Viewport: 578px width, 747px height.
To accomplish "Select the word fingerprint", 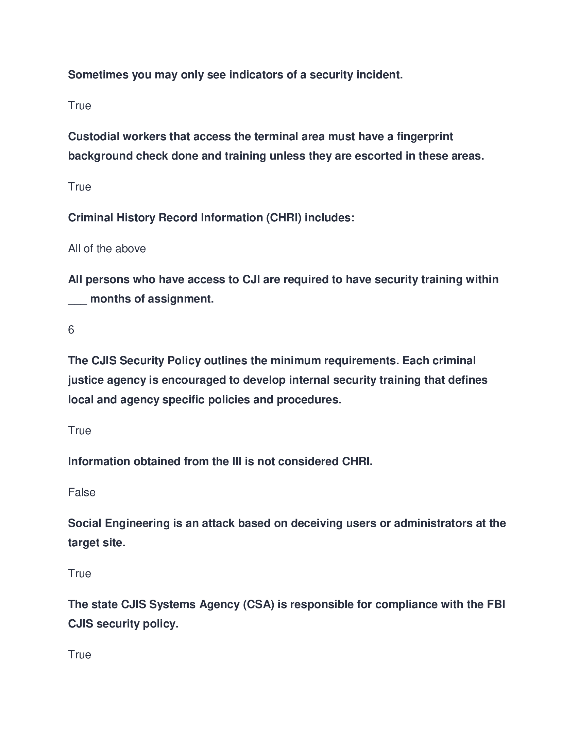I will pyautogui.click(x=425, y=136).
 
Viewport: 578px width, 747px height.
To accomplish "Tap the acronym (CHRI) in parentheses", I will pyautogui.click(x=284, y=218).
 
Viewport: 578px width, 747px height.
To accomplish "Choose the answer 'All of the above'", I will pyautogui.click(x=107, y=248).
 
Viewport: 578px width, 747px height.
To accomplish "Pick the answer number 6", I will pyautogui.click(x=71, y=330).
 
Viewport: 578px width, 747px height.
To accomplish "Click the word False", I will pyautogui.click(x=82, y=492).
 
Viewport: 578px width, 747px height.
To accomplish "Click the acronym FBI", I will pyautogui.click(x=496, y=604).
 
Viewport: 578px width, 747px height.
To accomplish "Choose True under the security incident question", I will pyautogui.click(x=80, y=106).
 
